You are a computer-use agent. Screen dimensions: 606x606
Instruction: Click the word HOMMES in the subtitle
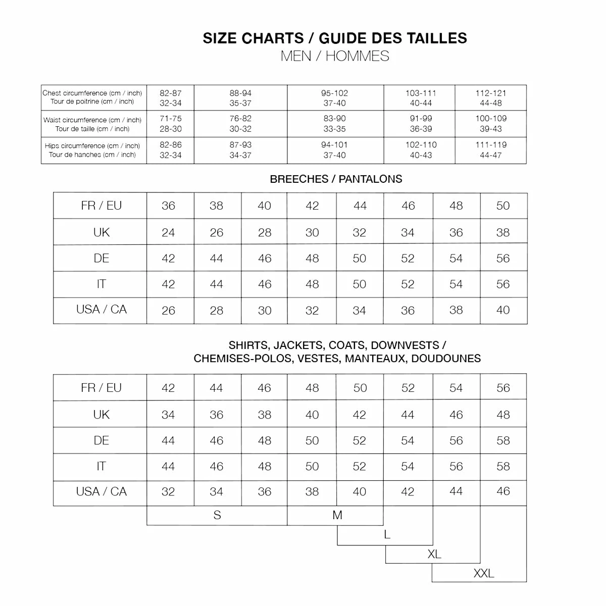(x=357, y=56)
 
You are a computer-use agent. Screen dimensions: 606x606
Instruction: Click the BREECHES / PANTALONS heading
(x=336, y=179)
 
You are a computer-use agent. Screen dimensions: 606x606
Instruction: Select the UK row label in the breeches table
(x=101, y=232)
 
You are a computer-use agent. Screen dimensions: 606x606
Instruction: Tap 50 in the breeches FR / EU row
(x=503, y=206)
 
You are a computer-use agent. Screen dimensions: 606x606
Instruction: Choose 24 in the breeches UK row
(x=168, y=233)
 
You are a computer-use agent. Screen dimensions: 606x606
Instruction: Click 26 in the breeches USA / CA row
(x=168, y=311)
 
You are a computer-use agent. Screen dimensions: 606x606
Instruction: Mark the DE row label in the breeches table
(x=101, y=258)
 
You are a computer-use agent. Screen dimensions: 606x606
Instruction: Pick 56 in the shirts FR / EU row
(x=503, y=388)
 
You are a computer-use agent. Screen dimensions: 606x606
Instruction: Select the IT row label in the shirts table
(x=101, y=466)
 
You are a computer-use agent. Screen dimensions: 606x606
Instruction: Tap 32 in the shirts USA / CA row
(x=168, y=491)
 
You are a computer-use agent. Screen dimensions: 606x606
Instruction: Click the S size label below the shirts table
(x=217, y=515)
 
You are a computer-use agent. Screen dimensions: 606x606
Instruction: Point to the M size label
(x=337, y=515)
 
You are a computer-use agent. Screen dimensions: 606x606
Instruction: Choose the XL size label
(x=434, y=554)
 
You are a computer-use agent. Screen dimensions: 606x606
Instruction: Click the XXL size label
(x=483, y=573)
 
